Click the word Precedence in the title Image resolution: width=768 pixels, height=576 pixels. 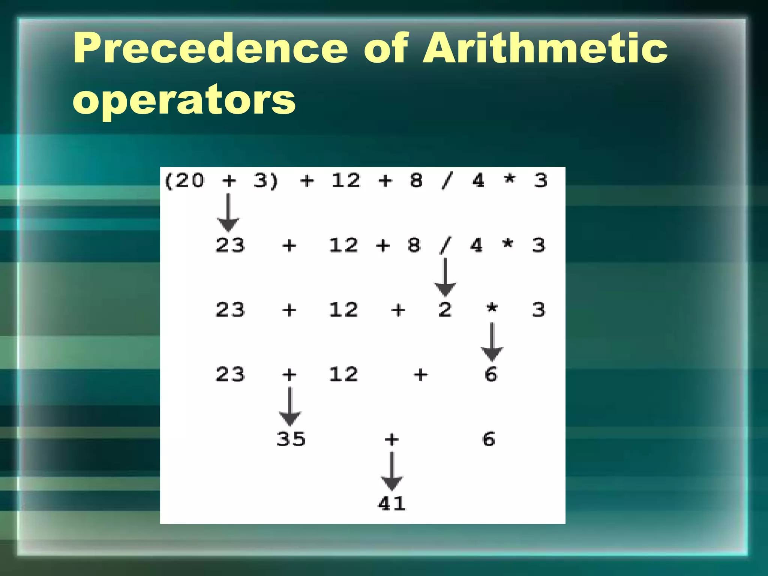[x=210, y=48]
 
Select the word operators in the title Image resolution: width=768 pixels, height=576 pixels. [x=184, y=99]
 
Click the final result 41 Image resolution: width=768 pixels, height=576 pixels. [x=391, y=504]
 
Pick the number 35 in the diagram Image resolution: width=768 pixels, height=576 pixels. [x=291, y=439]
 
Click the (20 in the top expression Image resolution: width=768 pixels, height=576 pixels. [x=184, y=181]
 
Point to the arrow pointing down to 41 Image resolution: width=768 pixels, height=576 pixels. [x=391, y=471]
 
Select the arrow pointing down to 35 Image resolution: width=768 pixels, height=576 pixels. [x=289, y=406]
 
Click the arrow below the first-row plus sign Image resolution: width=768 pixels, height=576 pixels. [x=228, y=212]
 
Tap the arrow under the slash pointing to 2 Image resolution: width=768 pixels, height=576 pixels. [x=445, y=277]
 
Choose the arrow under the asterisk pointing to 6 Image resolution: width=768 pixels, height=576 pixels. [x=492, y=342]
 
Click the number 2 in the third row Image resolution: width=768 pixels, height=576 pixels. [x=445, y=310]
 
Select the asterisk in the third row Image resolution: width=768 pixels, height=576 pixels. [x=492, y=309]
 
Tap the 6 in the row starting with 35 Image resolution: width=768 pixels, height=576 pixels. [x=489, y=439]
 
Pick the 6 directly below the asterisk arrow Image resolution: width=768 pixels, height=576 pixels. [x=491, y=375]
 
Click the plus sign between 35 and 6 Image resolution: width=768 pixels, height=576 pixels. [x=391, y=439]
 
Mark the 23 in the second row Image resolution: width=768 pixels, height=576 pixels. [x=230, y=246]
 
